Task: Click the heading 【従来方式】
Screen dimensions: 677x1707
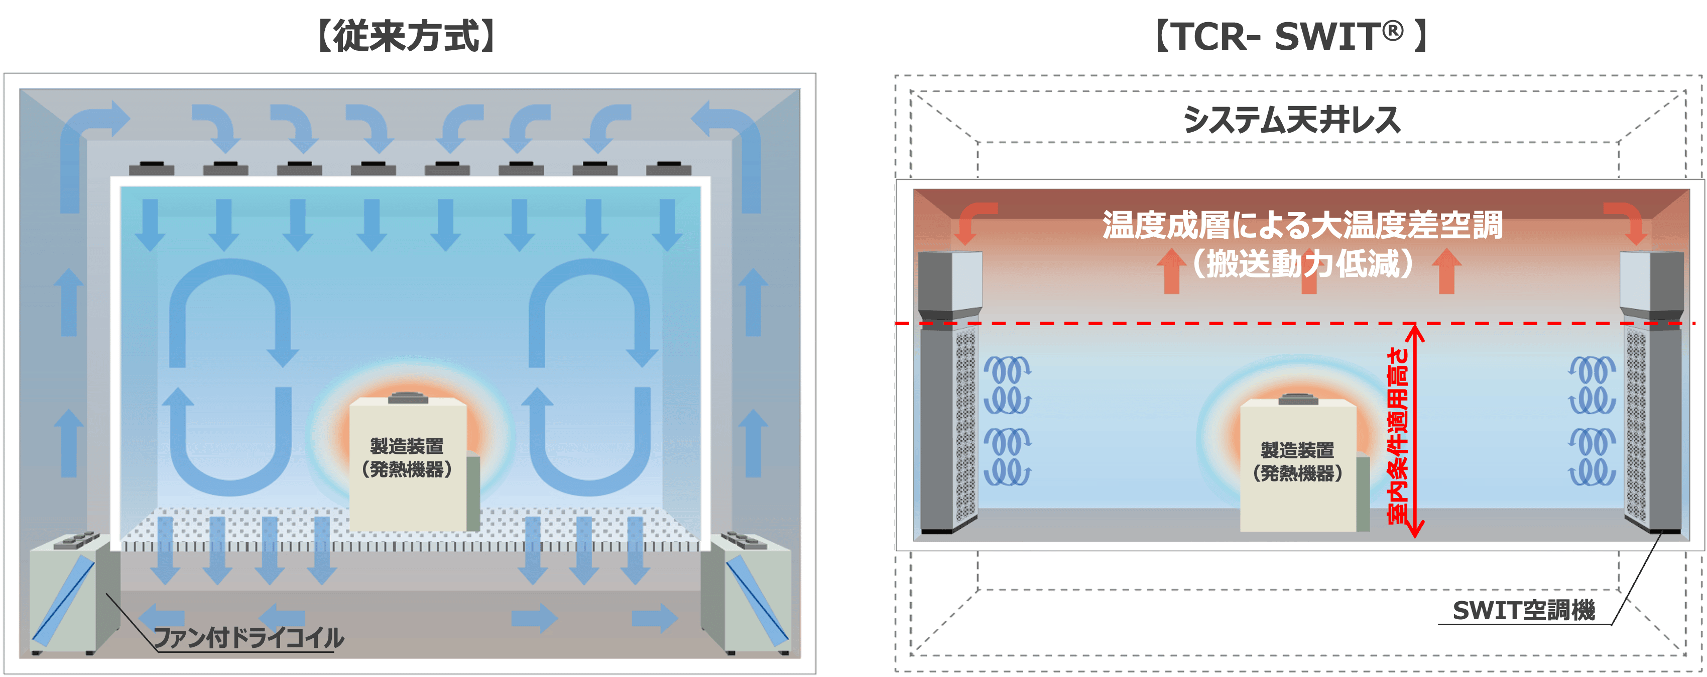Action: (406, 37)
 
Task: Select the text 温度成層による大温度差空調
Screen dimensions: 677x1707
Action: (1302, 226)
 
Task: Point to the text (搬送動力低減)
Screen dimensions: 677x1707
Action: (1302, 264)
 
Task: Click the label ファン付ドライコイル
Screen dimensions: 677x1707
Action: (249, 638)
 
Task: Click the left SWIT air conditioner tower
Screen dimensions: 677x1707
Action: (949, 391)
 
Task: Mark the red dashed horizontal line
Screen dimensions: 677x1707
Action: (1193, 324)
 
